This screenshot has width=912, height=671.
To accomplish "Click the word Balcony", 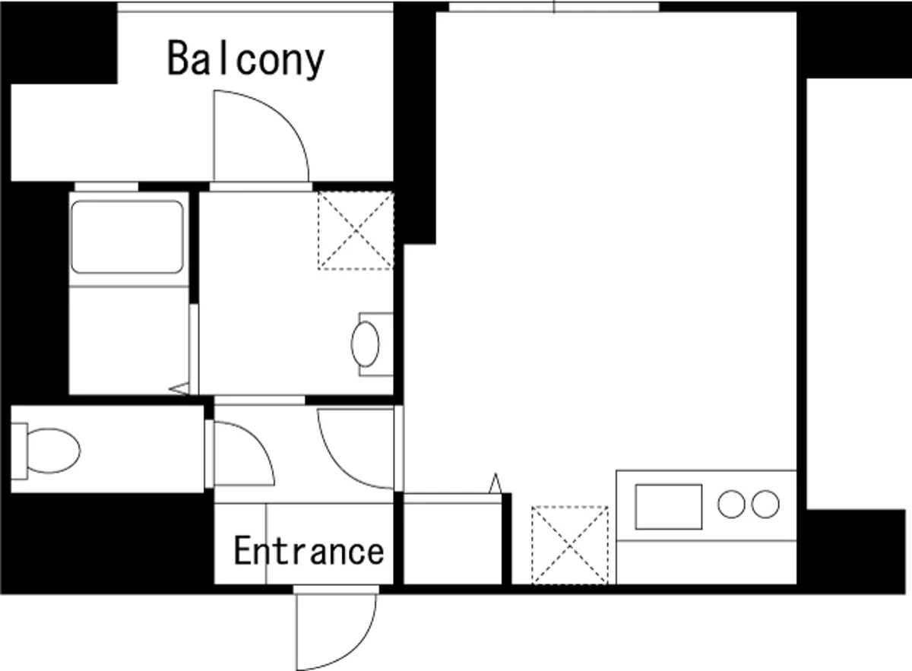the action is [x=245, y=59].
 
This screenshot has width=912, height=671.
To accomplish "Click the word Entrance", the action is [x=309, y=550].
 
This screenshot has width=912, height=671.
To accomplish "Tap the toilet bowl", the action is [x=53, y=451].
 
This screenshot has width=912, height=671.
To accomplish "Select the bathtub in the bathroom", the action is [x=127, y=237].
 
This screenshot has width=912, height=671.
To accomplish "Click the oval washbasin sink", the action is [x=366, y=344].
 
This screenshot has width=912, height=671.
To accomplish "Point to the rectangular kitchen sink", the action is [x=669, y=507].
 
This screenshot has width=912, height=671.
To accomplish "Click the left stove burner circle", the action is [x=731, y=505].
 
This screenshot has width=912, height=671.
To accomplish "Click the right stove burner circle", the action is [x=765, y=505].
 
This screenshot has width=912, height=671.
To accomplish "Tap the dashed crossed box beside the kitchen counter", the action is [x=570, y=545].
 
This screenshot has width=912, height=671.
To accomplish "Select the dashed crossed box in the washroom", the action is [x=356, y=230].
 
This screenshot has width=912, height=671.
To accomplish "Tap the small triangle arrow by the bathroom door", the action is [x=179, y=389].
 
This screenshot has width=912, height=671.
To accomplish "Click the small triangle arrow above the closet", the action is [x=496, y=483].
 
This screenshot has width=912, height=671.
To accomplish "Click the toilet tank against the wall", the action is [x=19, y=451].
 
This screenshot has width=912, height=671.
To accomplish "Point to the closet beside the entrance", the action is [x=452, y=539].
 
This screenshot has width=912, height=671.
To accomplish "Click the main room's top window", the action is [x=554, y=7].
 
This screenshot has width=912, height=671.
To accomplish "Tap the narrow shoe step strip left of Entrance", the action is [x=240, y=544].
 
